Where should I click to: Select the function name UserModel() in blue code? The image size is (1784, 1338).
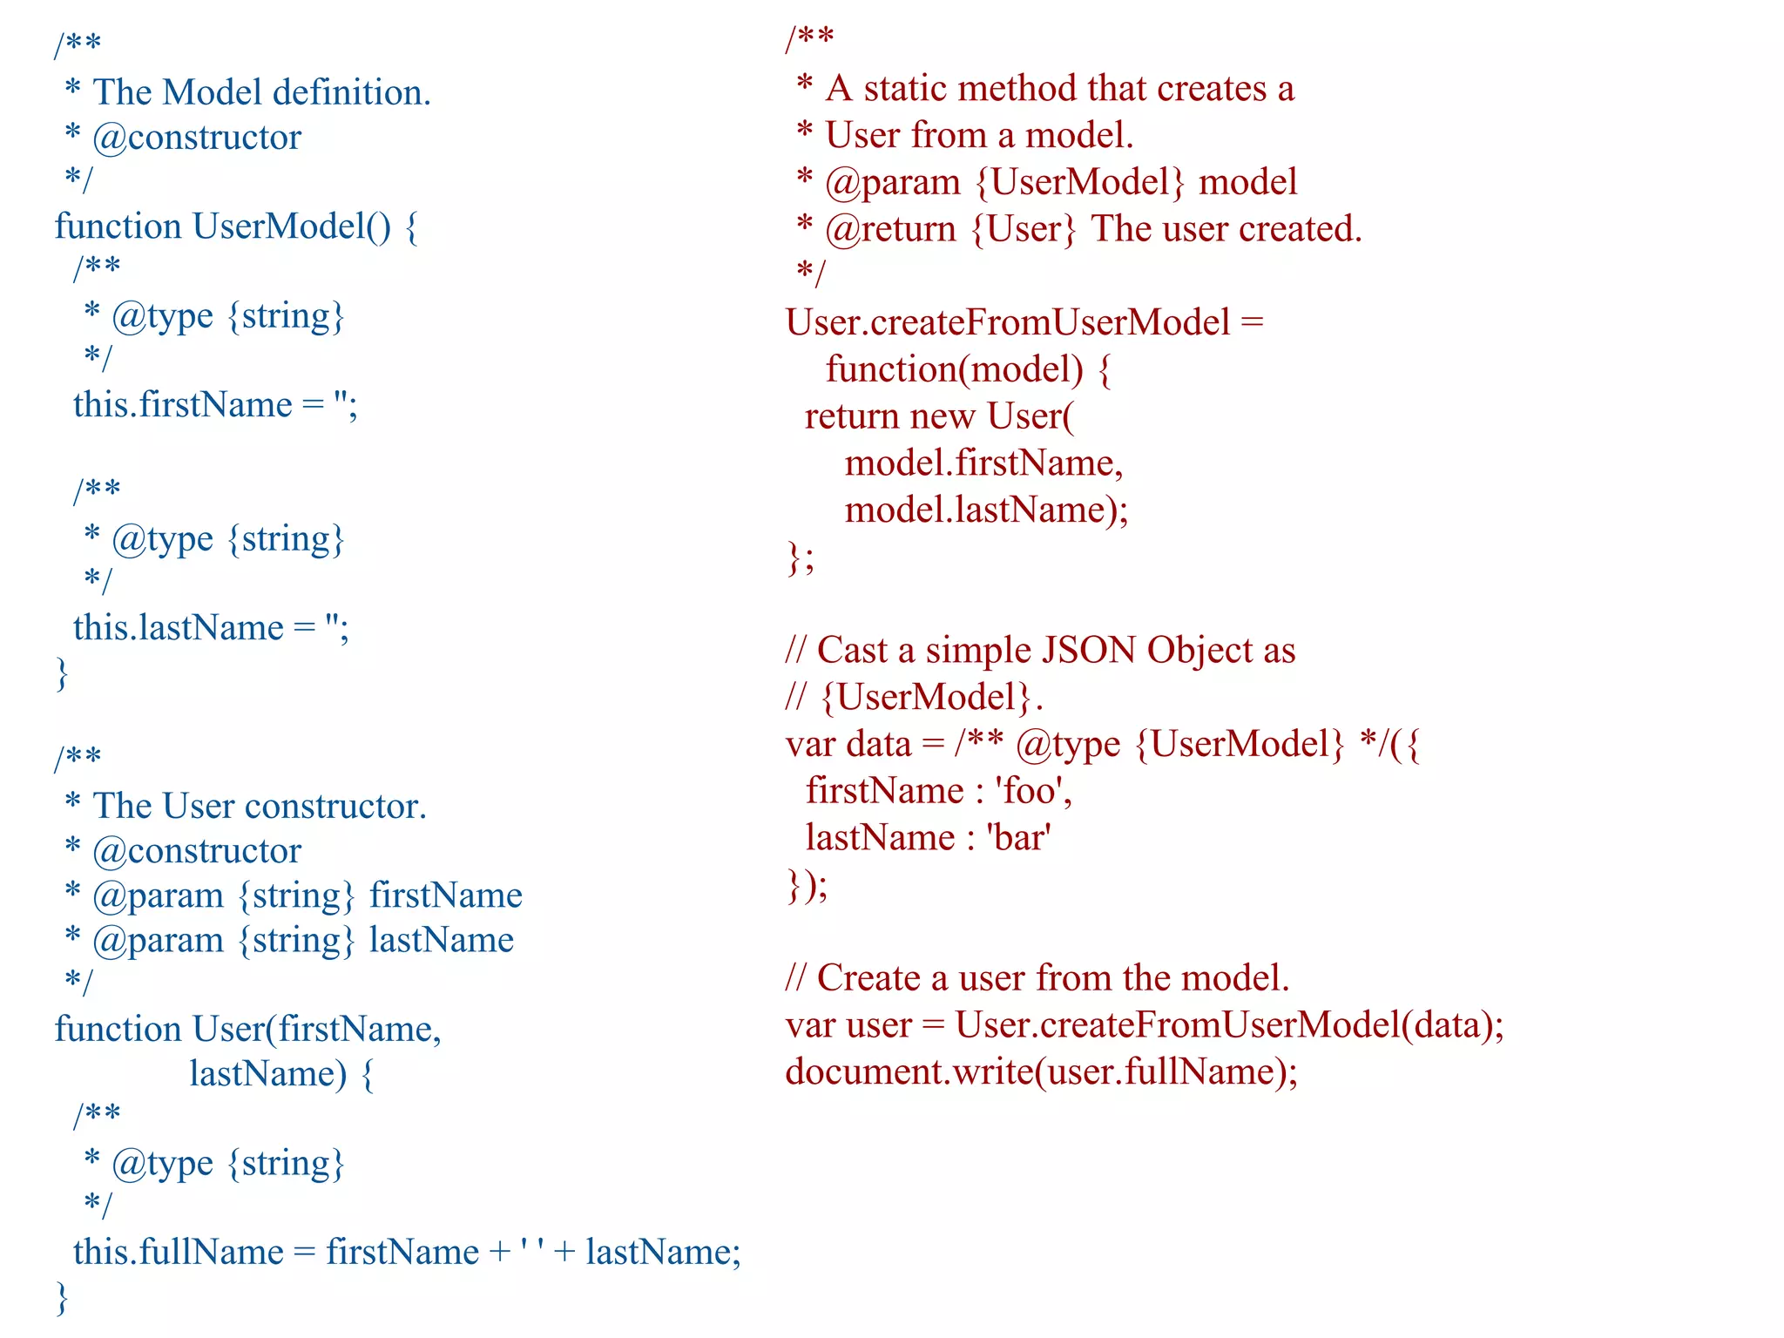pyautogui.click(x=292, y=226)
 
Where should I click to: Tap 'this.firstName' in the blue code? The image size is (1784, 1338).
pyautogui.click(x=183, y=405)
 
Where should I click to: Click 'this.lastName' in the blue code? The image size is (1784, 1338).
pyautogui.click(x=179, y=628)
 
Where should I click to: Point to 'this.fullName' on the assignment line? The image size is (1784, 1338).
pyautogui.click(x=179, y=1253)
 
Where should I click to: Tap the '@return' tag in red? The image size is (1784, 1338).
pyautogui.click(x=891, y=229)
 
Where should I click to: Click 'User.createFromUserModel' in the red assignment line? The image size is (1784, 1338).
pyautogui.click(x=1008, y=323)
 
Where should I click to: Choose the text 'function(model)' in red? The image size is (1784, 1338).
pyautogui.click(x=955, y=370)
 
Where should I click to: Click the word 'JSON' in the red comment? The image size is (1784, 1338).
pyautogui.click(x=1089, y=651)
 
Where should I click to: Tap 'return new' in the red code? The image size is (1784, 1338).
pyautogui.click(x=889, y=417)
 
